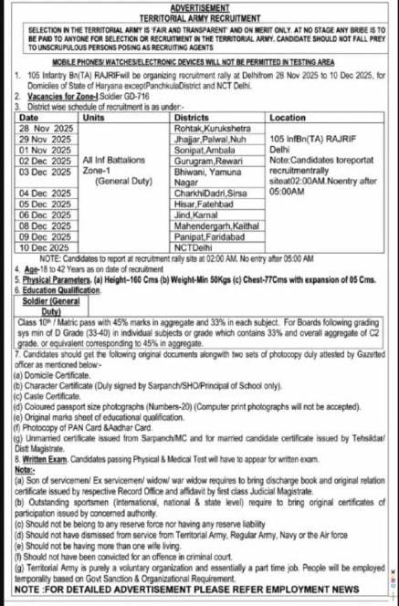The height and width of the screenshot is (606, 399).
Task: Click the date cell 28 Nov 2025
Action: [45, 129]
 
